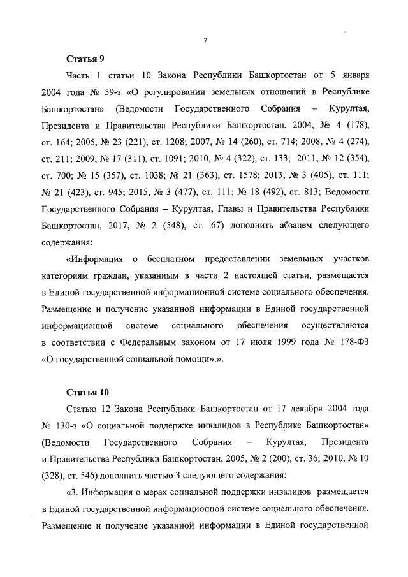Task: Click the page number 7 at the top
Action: tap(206, 41)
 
